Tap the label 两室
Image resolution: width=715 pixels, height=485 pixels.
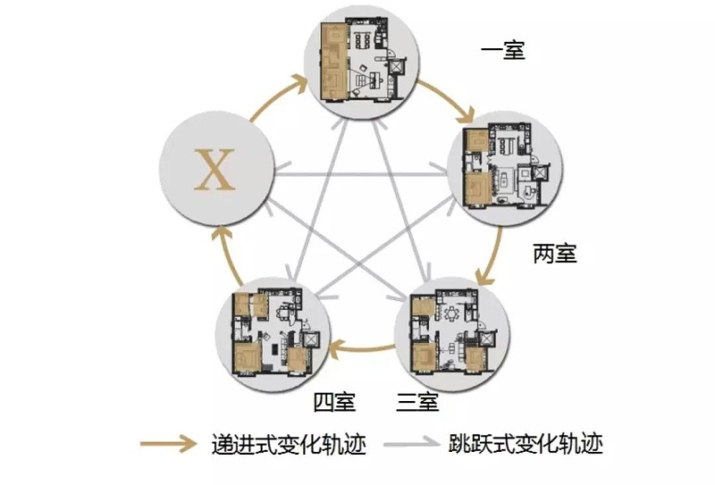click(x=555, y=255)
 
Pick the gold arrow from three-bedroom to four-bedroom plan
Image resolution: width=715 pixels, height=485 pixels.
click(x=362, y=347)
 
